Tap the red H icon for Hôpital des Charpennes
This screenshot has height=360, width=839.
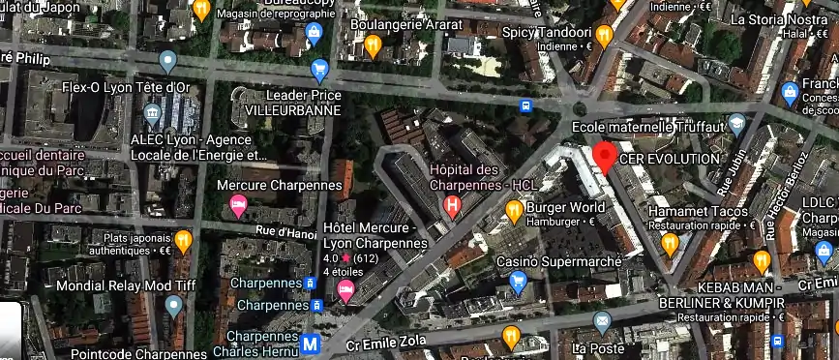451,204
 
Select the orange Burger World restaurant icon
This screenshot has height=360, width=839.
514,208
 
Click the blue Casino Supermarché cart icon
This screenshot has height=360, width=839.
517,282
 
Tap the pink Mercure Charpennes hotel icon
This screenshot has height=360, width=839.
237,205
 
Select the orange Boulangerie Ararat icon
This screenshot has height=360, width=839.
373,45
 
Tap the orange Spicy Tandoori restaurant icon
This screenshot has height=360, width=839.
604,36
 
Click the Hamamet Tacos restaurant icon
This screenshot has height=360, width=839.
670,242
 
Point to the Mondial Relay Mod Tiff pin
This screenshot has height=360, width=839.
173,307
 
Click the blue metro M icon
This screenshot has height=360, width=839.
311,344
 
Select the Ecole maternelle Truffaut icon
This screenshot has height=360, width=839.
737,124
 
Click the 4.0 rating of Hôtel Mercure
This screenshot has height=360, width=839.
330,259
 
